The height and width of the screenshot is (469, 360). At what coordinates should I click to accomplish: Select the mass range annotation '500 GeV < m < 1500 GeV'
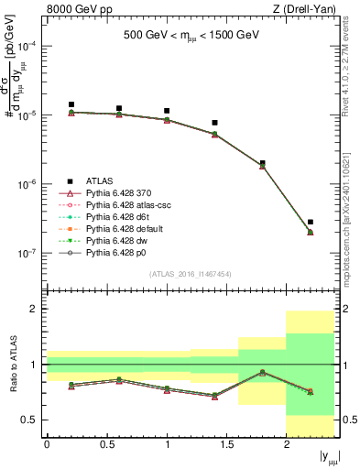pos(191,37)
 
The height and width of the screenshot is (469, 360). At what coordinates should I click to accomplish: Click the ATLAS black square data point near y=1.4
pos(214,123)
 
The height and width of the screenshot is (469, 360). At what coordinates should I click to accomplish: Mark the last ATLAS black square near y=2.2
pos(311,222)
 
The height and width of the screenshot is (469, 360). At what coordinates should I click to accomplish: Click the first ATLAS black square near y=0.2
pos(71,104)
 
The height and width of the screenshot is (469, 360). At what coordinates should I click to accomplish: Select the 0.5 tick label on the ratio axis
pos(31,420)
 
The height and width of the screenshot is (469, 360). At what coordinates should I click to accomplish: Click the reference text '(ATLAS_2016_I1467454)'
pos(191,274)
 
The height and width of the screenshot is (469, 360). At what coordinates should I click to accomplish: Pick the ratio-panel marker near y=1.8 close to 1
pos(263,372)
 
